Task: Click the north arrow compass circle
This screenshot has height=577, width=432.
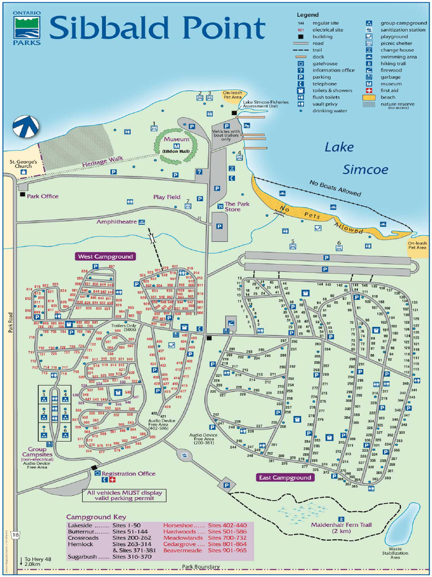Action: pos(25,126)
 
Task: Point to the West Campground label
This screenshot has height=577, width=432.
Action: pos(106,256)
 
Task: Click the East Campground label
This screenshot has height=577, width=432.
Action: pos(285,477)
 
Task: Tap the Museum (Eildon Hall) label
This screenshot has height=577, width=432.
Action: pos(176,143)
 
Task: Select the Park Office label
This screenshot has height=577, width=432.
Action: pos(42,196)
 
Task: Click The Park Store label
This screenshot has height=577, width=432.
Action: pos(237,206)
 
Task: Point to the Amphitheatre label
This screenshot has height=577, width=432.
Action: pos(116,221)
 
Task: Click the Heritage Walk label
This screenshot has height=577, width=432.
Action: pos(102,162)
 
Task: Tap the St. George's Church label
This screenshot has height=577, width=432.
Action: pos(23,164)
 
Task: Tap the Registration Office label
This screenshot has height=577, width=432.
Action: pos(128,473)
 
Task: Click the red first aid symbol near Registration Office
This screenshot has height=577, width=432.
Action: pos(112,480)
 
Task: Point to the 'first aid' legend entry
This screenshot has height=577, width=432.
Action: pos(388,90)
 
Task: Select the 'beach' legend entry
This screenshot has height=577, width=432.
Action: pos(387,97)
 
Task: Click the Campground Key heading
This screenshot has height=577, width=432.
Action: pos(96,517)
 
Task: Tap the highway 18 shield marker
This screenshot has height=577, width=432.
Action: pos(15,534)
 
